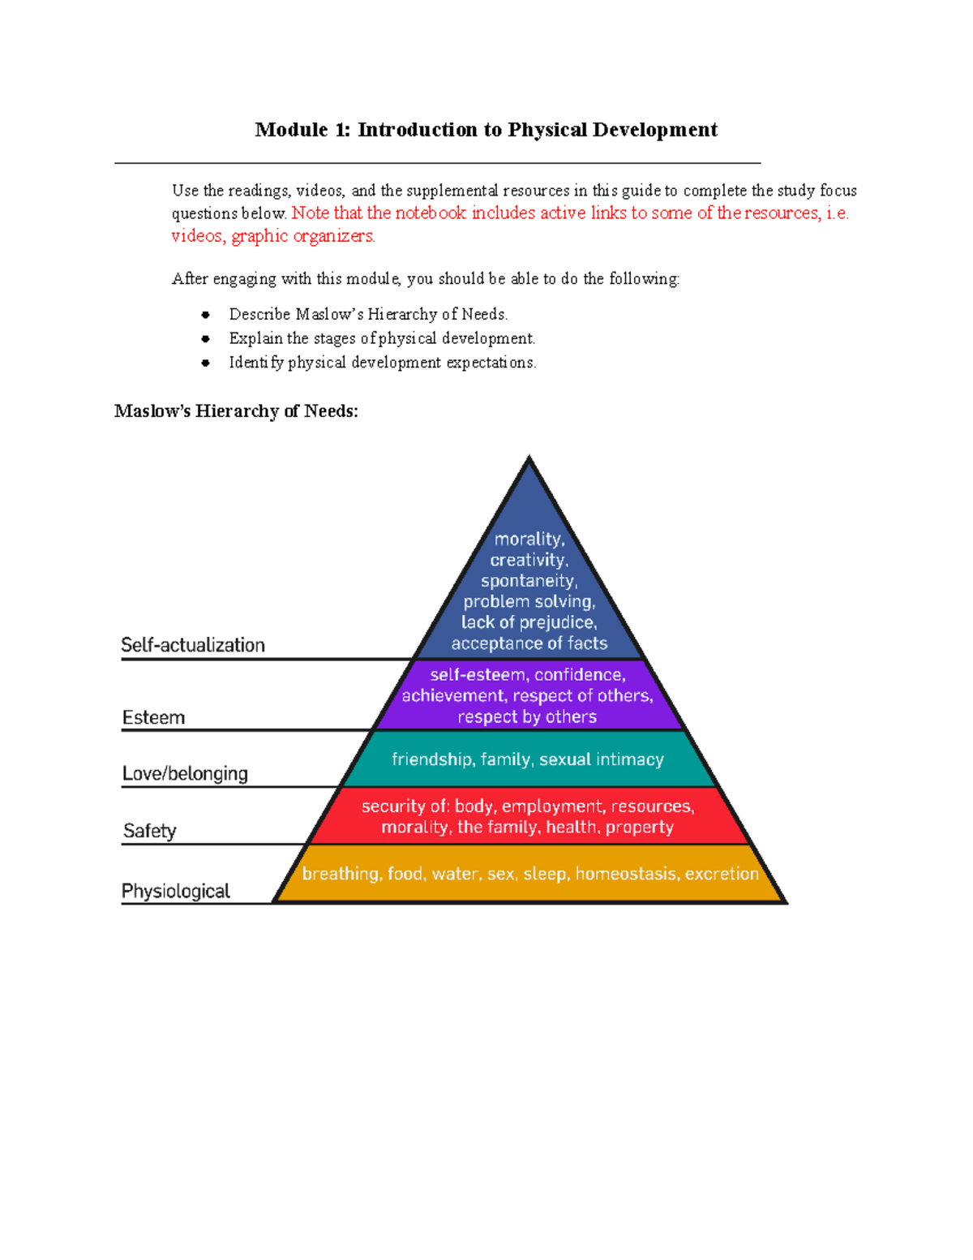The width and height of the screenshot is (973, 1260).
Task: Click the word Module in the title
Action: (291, 130)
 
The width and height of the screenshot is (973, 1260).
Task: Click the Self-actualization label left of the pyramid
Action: (193, 645)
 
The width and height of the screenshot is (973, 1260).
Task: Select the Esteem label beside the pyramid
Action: (153, 717)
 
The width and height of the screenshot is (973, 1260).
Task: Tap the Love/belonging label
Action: (185, 773)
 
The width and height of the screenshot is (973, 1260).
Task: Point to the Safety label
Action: (149, 831)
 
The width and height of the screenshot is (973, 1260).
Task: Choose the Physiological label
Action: (176, 891)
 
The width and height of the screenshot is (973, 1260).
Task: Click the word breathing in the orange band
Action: (341, 874)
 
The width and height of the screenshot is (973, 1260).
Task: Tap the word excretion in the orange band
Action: (722, 874)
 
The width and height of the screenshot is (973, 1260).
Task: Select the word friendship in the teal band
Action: (432, 759)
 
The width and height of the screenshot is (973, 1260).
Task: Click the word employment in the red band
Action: (552, 806)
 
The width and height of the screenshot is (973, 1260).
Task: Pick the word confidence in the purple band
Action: (580, 675)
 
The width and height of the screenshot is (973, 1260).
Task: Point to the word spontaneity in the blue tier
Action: (529, 581)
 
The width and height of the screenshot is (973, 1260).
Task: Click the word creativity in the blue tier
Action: (529, 560)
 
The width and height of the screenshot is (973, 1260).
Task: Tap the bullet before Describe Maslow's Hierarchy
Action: (206, 315)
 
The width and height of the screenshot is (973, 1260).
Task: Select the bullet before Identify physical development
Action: (206, 363)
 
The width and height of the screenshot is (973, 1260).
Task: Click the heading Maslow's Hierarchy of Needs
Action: (236, 411)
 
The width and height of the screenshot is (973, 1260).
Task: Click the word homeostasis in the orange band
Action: (625, 874)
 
